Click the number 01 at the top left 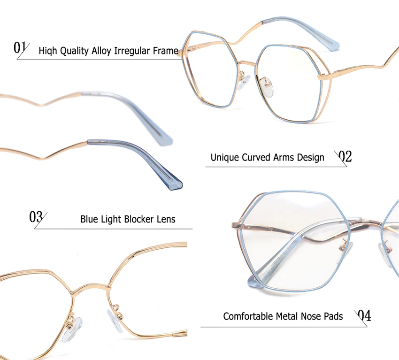pyautogui.click(x=20, y=47)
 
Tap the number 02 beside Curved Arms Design pyautogui.click(x=345, y=156)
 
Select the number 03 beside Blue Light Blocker pyautogui.click(x=36, y=217)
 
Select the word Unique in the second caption pyautogui.click(x=224, y=157)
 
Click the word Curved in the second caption pyautogui.click(x=257, y=157)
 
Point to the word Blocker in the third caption pyautogui.click(x=142, y=219)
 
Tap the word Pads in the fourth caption pyautogui.click(x=332, y=316)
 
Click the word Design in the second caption pyautogui.click(x=310, y=158)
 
